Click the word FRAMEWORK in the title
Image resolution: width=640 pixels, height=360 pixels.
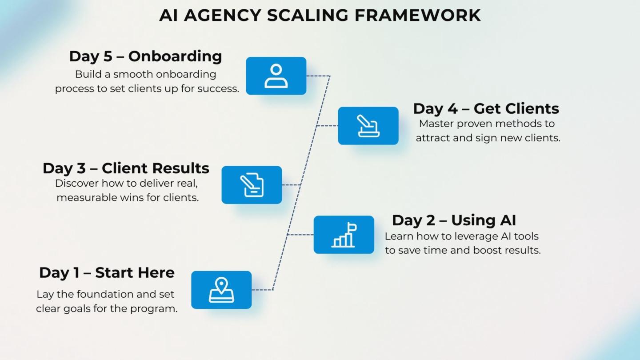pyautogui.click(x=418, y=15)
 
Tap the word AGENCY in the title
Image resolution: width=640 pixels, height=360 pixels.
pyautogui.click(x=222, y=15)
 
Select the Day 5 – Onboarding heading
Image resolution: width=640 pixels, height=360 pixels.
pyautogui.click(x=145, y=56)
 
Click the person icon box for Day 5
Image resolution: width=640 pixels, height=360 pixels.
pyautogui.click(x=276, y=76)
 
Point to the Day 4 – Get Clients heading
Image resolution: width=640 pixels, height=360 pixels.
pyautogui.click(x=486, y=108)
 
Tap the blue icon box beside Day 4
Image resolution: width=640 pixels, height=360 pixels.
pyautogui.click(x=368, y=126)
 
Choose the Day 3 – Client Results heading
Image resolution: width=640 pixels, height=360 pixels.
pyautogui.click(x=126, y=168)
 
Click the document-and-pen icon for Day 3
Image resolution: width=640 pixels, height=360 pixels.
pyautogui.click(x=252, y=185)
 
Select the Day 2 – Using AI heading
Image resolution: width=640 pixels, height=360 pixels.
pyautogui.click(x=454, y=220)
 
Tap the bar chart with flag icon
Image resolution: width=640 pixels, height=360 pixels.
pyautogui.click(x=344, y=235)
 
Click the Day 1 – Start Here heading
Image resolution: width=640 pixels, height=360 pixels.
pyautogui.click(x=107, y=272)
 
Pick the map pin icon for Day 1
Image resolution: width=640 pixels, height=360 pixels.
pyautogui.click(x=221, y=290)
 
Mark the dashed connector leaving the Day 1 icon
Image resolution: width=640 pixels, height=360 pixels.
pyautogui.click(x=262, y=290)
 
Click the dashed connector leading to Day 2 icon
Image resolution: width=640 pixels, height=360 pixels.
pyautogui.click(x=300, y=235)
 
